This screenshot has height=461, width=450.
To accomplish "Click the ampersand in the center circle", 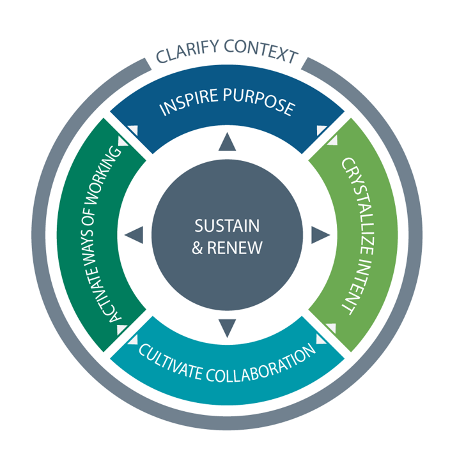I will pyautogui.click(x=197, y=248).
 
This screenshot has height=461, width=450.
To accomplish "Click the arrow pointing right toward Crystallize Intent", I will pyautogui.click(x=320, y=236).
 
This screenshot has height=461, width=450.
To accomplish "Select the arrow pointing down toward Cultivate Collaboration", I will pyautogui.click(x=227, y=328).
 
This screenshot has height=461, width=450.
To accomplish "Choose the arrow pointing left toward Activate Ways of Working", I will pyautogui.click(x=134, y=236).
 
